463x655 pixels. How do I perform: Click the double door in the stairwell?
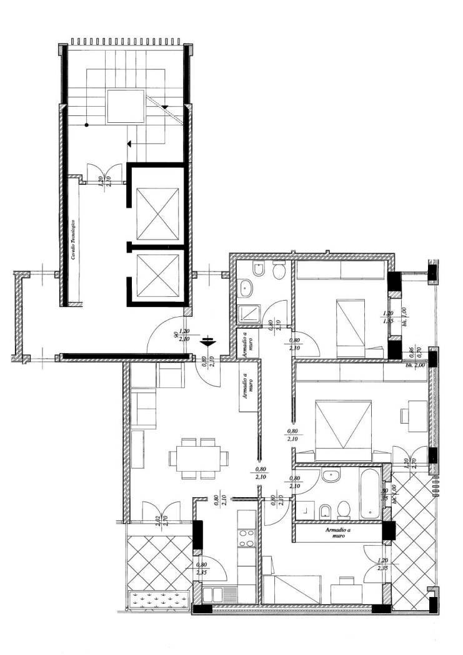coord(104,170)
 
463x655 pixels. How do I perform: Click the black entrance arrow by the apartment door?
coord(208,342)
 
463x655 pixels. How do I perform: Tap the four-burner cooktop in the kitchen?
coord(247,537)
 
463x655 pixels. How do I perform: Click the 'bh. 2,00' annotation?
coord(416,365)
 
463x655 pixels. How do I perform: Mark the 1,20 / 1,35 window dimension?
coord(387,318)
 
